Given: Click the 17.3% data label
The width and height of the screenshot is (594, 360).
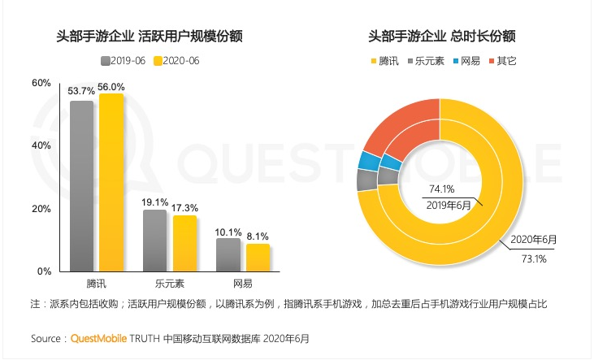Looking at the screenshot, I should coord(184,209).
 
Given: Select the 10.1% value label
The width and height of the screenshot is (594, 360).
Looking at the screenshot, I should coord(228,232).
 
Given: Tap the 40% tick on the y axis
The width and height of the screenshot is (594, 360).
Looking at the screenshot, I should coord(41,145).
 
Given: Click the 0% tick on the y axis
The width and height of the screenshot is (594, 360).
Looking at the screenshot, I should coord(44,271).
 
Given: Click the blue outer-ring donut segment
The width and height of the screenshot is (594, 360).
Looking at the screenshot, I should coord(366,159).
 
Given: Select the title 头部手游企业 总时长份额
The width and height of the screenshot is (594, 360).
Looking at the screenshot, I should coord(441,36).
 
